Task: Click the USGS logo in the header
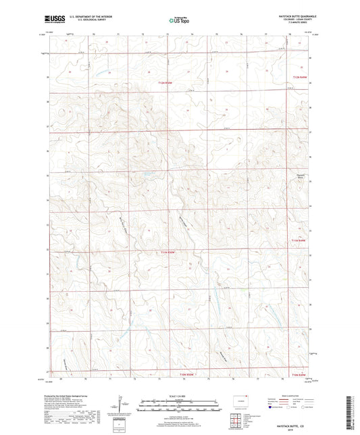point(52,20)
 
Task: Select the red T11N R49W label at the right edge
point(299,239)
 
